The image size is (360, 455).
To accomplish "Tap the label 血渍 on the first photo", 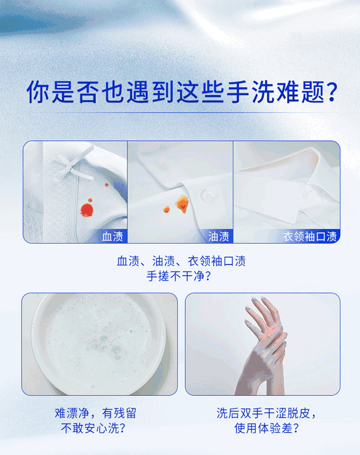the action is click(x=113, y=236).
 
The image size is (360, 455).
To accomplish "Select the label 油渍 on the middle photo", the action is click(x=219, y=236).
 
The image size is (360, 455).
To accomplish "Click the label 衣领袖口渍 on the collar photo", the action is click(x=310, y=236).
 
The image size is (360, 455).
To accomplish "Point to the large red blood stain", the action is click(x=87, y=210).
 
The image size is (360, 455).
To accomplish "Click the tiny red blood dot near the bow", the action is click(x=107, y=184).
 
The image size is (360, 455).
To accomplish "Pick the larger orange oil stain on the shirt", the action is click(x=183, y=204).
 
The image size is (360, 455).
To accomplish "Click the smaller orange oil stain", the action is click(x=166, y=209).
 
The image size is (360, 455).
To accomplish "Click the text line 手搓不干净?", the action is click(x=179, y=276).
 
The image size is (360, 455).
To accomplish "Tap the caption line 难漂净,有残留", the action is click(x=96, y=413).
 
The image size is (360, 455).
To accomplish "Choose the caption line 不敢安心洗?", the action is click(x=93, y=428).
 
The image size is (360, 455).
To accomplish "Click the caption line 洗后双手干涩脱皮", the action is click(x=265, y=413).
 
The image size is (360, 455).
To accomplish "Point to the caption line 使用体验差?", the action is click(x=267, y=428).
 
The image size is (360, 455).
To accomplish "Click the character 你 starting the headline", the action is click(x=38, y=92).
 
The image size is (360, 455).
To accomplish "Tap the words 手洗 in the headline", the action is click(x=250, y=92).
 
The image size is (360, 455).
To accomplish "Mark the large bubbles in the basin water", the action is click(x=110, y=345).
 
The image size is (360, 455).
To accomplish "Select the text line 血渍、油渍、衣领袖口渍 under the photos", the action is click(x=181, y=261).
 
